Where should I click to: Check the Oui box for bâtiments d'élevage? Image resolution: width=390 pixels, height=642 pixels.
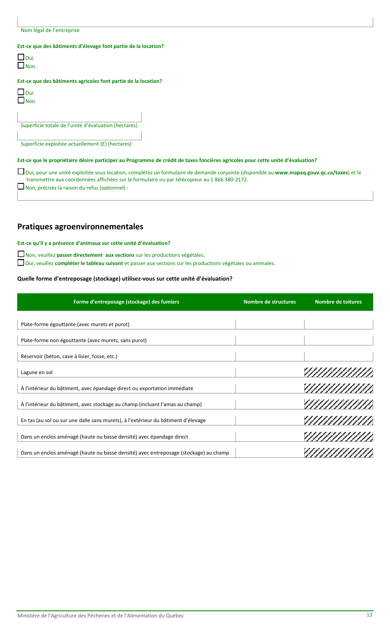(x=21, y=57)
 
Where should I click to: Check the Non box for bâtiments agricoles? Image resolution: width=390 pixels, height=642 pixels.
(x=21, y=101)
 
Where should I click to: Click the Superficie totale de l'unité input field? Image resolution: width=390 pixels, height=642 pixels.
(x=79, y=117)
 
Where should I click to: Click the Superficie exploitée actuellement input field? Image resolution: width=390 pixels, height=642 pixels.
(x=79, y=136)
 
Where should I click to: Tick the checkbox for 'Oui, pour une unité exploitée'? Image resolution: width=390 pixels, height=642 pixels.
(x=21, y=172)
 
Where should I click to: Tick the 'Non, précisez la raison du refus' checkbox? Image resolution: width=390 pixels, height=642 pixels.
(x=21, y=187)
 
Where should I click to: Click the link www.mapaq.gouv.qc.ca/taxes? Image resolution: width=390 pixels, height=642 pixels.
(x=312, y=173)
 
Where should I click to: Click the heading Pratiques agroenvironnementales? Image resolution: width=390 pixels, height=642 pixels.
(x=80, y=227)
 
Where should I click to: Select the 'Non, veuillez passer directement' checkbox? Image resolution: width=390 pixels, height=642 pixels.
(x=21, y=254)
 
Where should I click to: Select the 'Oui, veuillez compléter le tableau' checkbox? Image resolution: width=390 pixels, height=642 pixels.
(x=21, y=263)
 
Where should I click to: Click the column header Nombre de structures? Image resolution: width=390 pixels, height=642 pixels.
(x=269, y=302)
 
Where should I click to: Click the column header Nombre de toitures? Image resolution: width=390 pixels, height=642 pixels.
(x=338, y=302)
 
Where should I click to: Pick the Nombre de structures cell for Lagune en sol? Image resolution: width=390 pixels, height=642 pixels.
(x=270, y=372)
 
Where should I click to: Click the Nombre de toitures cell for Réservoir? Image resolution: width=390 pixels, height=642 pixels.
(x=338, y=356)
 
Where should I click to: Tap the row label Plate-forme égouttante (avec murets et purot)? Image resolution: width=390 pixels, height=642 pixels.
(x=75, y=324)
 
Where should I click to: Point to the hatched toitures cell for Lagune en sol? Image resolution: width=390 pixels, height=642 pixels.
(x=338, y=372)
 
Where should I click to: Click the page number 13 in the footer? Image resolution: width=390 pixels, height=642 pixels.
(x=369, y=615)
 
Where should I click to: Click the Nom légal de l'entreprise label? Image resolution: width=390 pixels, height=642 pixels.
(x=50, y=30)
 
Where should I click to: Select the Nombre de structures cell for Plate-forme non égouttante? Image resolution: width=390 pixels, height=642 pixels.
(x=270, y=340)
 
